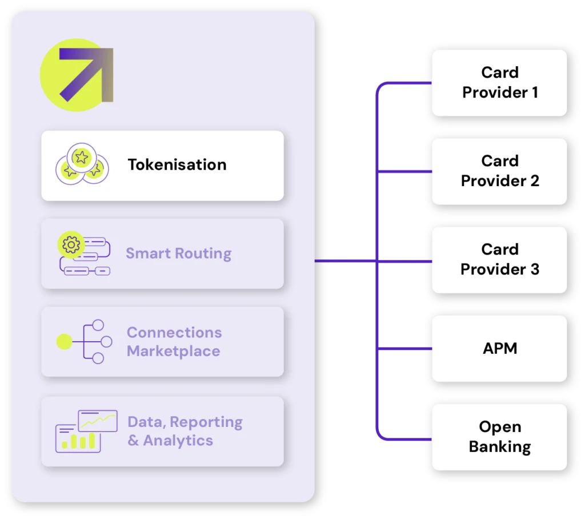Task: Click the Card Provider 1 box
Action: point(499,83)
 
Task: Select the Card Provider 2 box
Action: point(499,171)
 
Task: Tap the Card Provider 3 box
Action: point(499,260)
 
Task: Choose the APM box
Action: point(499,348)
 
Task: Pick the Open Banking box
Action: point(499,437)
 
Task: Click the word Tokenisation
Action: point(177,165)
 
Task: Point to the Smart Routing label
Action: point(178,253)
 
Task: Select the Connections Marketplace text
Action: point(174,341)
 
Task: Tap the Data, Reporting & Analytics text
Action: point(185,431)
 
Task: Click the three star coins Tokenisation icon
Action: point(81,163)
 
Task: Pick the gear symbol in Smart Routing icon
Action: point(71,245)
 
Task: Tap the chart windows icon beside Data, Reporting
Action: point(86,431)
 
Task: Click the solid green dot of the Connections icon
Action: point(64,342)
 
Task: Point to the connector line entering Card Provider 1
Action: point(406,83)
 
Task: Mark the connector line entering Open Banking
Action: point(406,440)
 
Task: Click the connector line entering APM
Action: point(406,349)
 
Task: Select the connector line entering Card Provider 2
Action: point(406,171)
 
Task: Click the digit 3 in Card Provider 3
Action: point(534,269)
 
